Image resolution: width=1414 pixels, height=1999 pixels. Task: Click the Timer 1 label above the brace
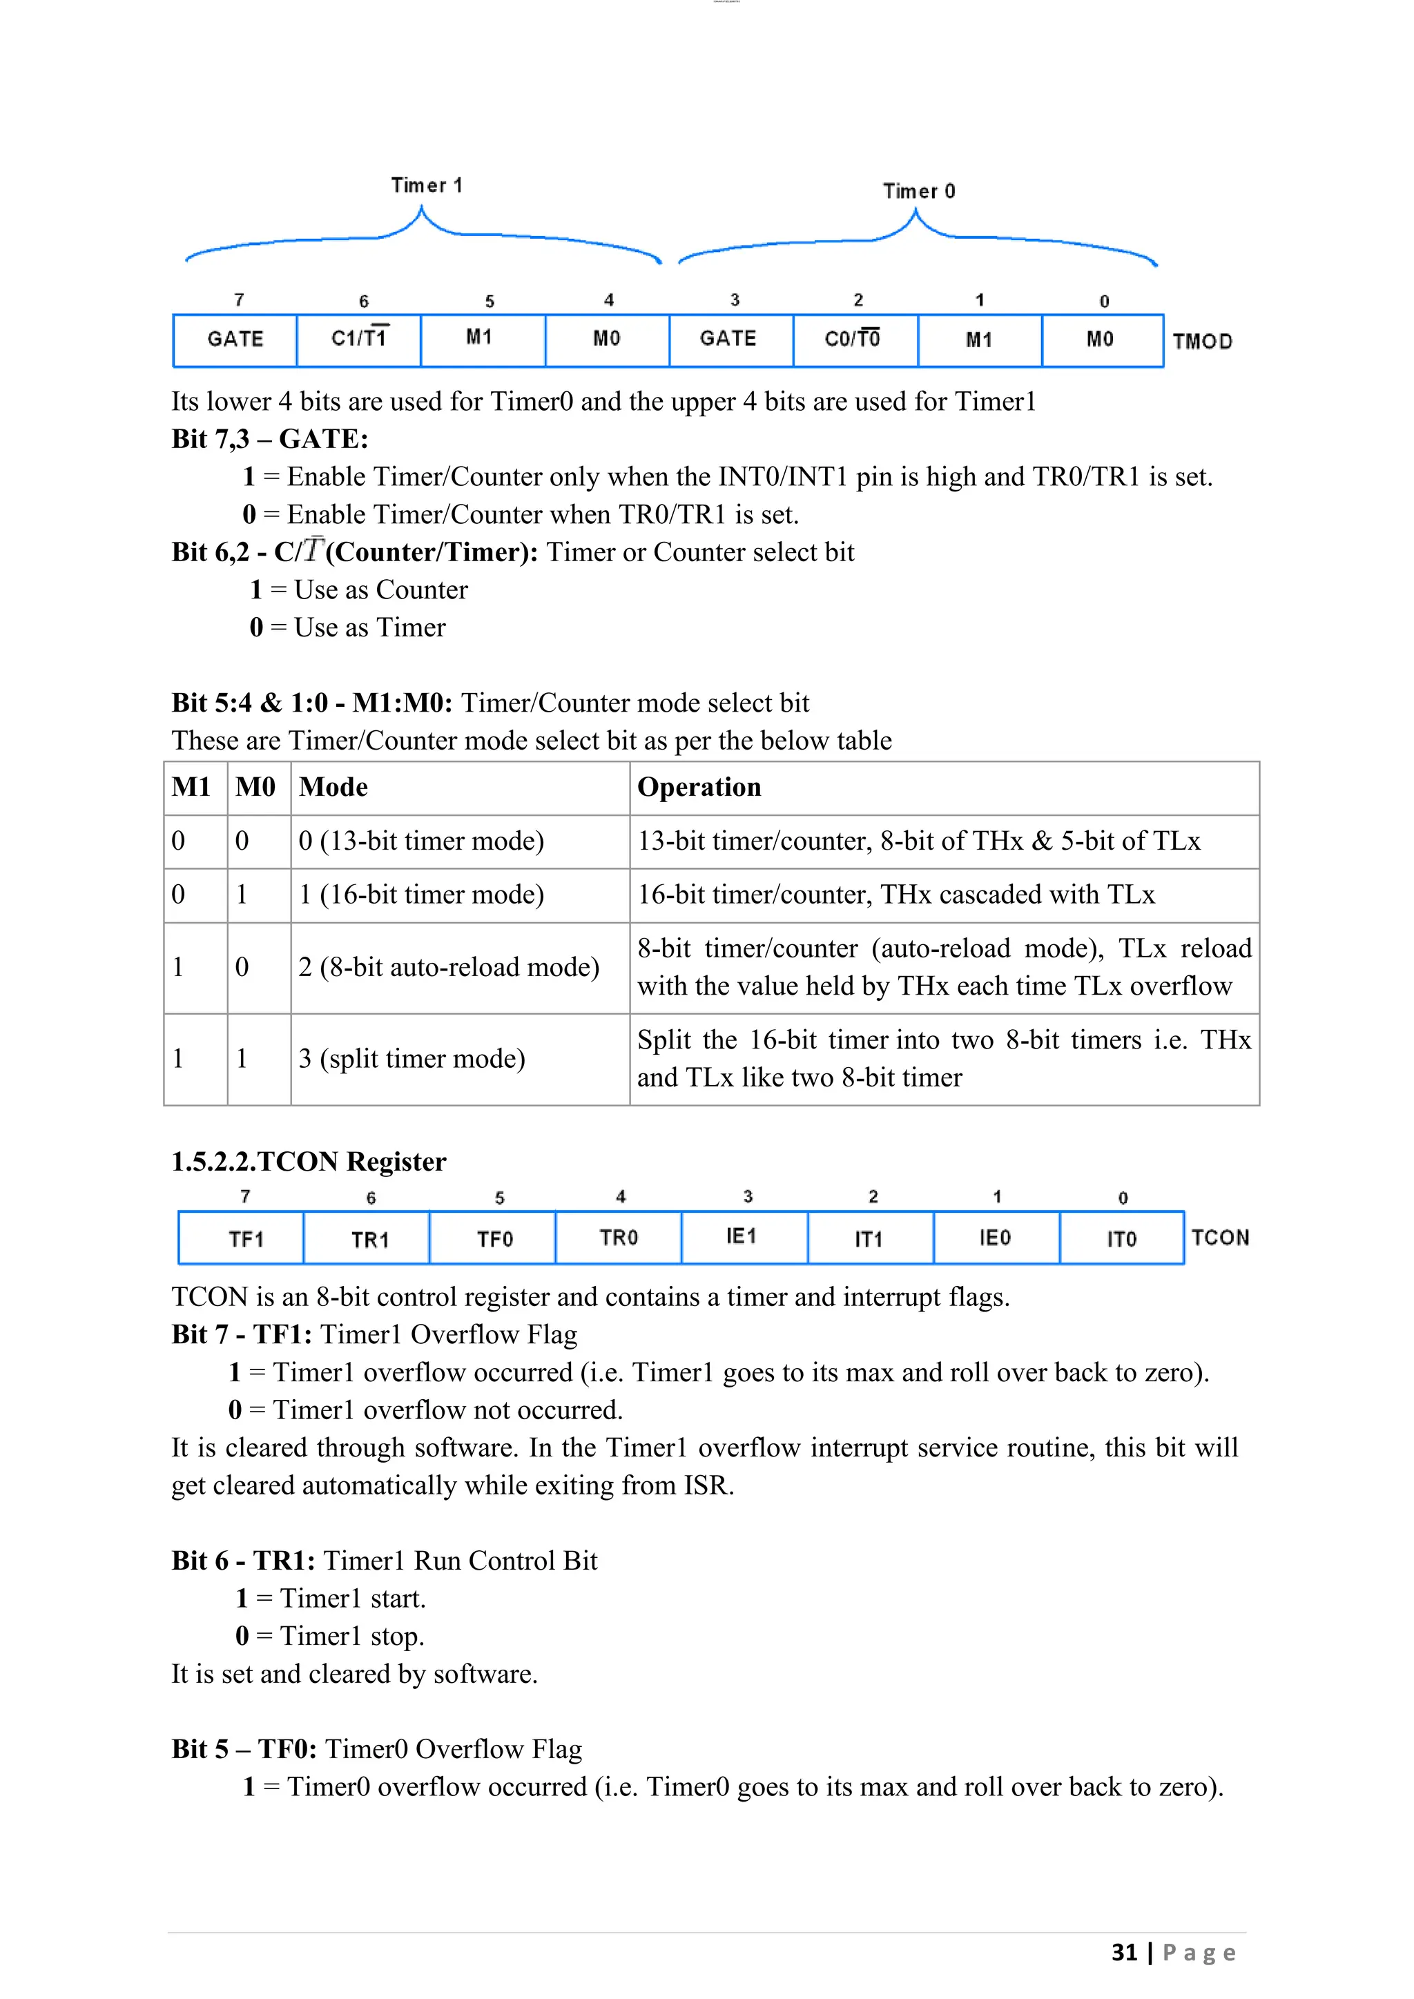[427, 186]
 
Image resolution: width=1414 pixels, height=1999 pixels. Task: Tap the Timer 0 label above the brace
[918, 191]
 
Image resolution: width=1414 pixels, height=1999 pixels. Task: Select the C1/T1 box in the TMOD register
[359, 339]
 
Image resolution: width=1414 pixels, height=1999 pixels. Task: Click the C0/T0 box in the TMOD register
[853, 339]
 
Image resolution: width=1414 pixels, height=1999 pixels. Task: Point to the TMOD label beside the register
[1203, 341]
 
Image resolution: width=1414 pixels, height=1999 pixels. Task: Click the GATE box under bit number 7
[235, 339]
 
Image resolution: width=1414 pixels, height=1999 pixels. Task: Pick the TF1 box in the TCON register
[246, 1238]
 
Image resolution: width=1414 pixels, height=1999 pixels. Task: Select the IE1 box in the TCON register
[742, 1236]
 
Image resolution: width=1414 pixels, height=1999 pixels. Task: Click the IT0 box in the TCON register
[1121, 1238]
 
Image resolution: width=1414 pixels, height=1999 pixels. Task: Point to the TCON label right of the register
[1220, 1237]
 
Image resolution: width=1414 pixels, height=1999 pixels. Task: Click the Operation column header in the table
[699, 787]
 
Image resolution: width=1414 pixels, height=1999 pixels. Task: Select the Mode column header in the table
[333, 787]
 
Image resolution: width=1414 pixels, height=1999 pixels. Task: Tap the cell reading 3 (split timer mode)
[411, 1059]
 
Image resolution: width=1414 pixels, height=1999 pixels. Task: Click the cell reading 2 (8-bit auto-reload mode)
[448, 967]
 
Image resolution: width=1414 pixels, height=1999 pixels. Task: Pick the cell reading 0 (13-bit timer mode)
[421, 841]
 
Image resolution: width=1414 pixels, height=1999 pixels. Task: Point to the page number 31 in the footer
[1124, 1952]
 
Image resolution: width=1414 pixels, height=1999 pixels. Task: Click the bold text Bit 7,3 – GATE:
[270, 439]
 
